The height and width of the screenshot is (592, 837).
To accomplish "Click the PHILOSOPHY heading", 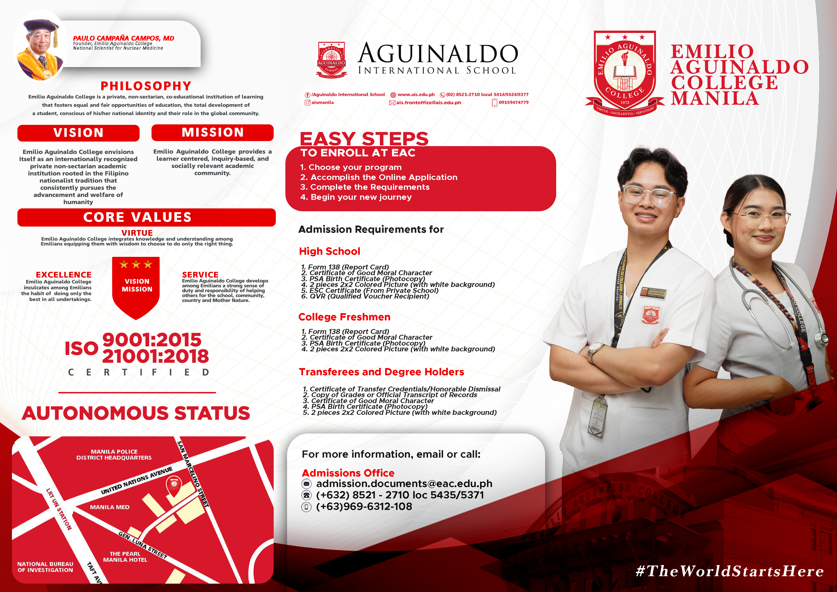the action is coord(146,86).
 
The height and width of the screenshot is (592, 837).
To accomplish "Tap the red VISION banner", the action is coord(78,133).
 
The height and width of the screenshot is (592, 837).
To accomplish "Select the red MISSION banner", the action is coord(213,132).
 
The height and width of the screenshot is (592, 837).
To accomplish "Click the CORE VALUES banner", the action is coord(146,217).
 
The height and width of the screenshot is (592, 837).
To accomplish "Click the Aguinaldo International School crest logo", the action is coord(331,59).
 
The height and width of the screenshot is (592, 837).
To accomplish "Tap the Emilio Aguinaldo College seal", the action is coord(625,74).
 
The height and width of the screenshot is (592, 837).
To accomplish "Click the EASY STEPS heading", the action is coord(364,139).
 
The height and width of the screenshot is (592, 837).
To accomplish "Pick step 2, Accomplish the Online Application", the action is coord(379,177).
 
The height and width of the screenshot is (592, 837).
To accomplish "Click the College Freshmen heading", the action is coord(344,317).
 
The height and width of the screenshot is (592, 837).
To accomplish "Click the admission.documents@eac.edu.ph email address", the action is coord(404,484).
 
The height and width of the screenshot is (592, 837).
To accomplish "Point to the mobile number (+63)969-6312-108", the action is coord(364,506).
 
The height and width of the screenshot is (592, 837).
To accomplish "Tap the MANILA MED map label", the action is coord(110,507).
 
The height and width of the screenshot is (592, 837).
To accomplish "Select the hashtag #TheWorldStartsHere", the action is coord(729,571).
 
